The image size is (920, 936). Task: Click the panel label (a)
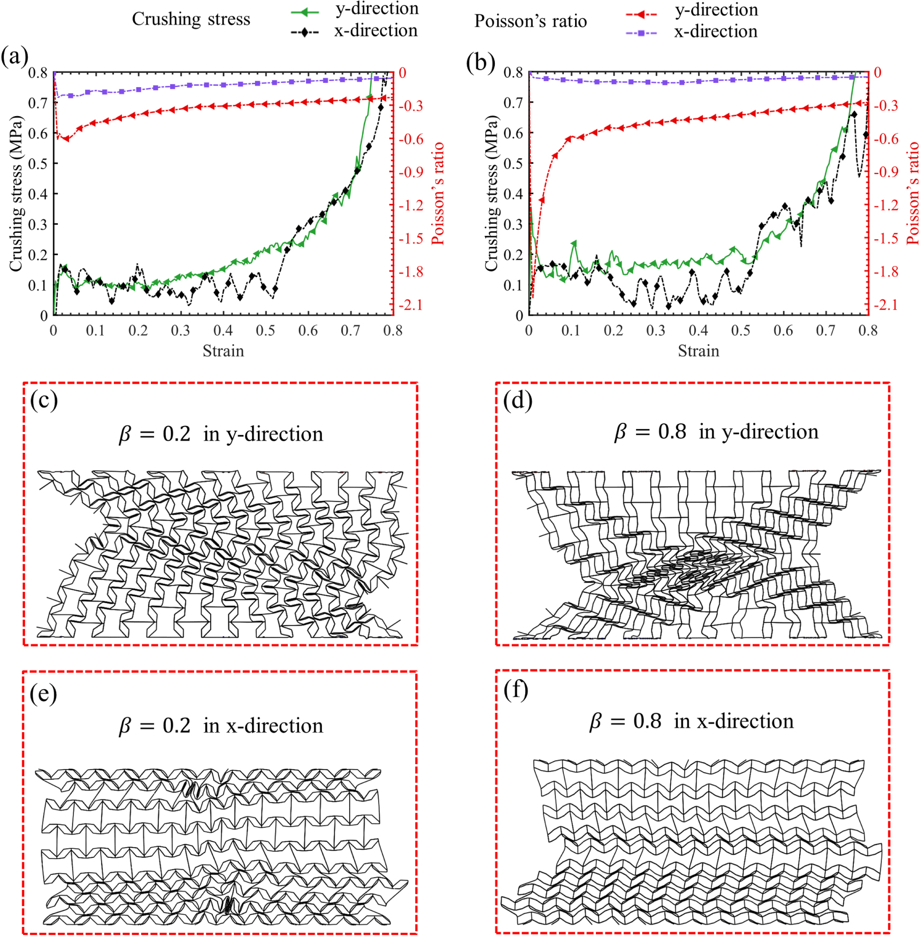(x=14, y=57)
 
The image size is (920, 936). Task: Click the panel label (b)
(x=480, y=63)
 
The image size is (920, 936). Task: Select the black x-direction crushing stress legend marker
(x=305, y=33)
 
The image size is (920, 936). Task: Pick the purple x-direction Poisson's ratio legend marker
(x=641, y=33)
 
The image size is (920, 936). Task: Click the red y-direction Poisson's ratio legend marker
(x=641, y=14)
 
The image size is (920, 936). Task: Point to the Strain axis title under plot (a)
(x=223, y=351)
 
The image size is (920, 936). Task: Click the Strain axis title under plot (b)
(x=698, y=351)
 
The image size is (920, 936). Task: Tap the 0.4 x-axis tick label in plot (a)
(x=223, y=331)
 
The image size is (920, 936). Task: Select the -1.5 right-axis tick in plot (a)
(x=410, y=239)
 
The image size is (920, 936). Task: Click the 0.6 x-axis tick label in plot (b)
(x=783, y=331)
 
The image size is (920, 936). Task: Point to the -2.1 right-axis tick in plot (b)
(x=886, y=305)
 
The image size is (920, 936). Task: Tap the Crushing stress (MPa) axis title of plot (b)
(x=491, y=193)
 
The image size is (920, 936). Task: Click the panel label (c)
(x=44, y=401)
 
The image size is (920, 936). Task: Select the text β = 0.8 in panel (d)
(x=649, y=432)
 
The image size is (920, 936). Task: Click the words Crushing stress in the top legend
(x=191, y=19)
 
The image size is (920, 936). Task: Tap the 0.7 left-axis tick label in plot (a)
(x=37, y=103)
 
